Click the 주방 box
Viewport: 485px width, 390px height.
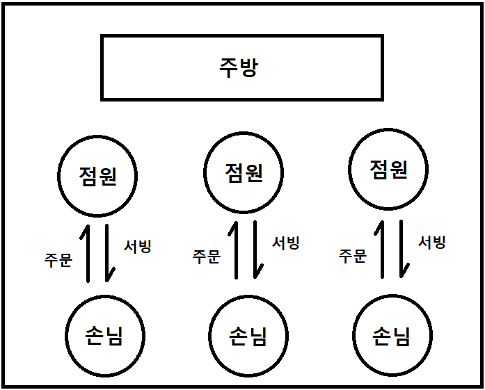pyautogui.click(x=241, y=67)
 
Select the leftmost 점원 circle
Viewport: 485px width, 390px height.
pyautogui.click(x=97, y=175)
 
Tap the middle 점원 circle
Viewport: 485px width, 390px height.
pyautogui.click(x=244, y=172)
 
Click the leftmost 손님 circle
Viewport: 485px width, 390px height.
pyautogui.click(x=105, y=336)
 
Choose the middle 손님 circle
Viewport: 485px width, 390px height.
pyautogui.click(x=248, y=336)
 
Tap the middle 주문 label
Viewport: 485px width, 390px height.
pyautogui.click(x=207, y=257)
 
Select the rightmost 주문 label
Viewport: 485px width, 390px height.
pyautogui.click(x=353, y=256)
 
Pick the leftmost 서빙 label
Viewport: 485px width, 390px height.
pyautogui.click(x=137, y=245)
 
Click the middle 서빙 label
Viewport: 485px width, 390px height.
pyautogui.click(x=285, y=243)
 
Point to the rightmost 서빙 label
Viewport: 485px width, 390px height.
pyautogui.click(x=431, y=242)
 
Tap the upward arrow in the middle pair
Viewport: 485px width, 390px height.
pyautogui.click(x=237, y=250)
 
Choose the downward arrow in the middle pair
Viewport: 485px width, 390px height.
pyautogui.click(x=256, y=250)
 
